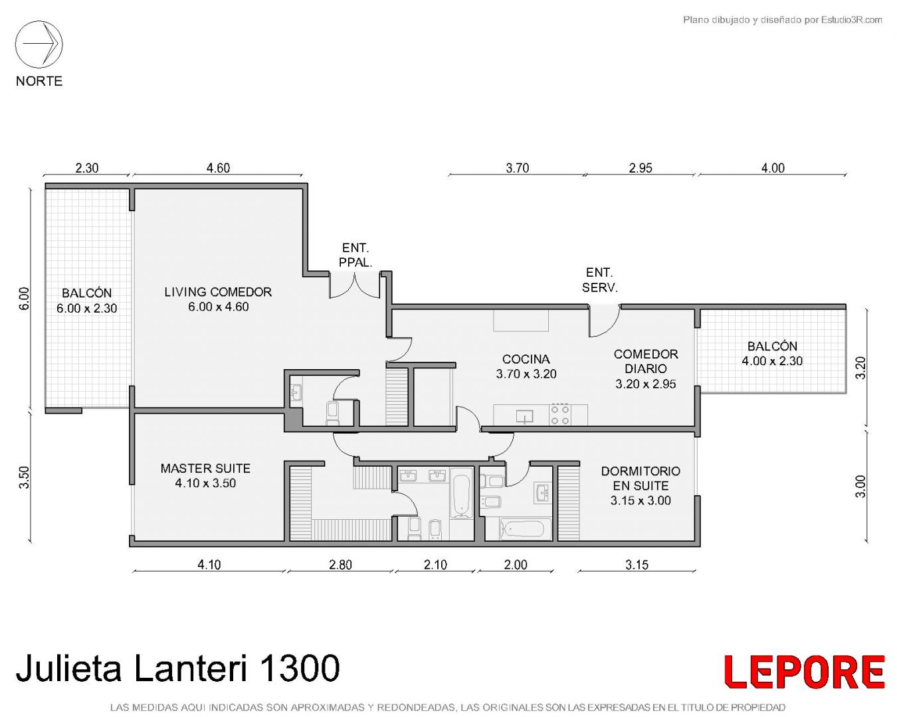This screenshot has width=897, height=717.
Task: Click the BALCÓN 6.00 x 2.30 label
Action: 86,300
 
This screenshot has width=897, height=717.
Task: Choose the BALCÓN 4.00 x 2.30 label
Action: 772,353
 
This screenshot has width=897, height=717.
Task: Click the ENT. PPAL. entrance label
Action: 355,255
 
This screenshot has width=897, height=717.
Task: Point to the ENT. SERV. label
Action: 600,279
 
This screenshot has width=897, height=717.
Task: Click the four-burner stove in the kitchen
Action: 559,414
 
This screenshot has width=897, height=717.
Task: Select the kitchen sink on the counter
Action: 525,416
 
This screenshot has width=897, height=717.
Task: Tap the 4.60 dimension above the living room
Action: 218,168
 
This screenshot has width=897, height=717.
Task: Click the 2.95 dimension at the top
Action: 641,168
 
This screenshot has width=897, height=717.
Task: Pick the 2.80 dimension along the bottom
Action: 341,564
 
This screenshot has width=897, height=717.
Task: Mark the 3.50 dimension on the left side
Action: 25,477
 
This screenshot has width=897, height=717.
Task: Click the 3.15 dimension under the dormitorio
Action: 637,564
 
